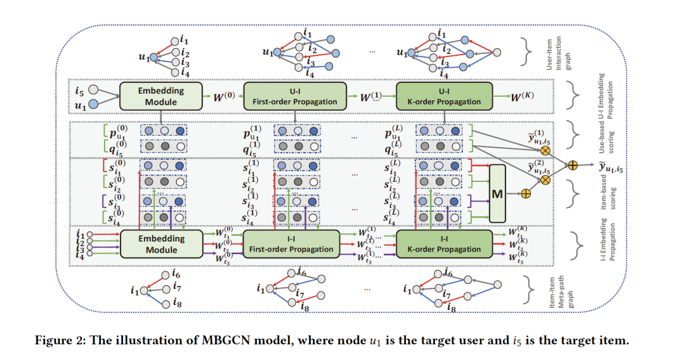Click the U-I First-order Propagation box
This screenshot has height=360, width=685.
click(294, 95)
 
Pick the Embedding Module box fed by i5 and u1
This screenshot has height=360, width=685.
click(161, 95)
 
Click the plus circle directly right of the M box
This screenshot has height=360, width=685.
click(525, 193)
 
